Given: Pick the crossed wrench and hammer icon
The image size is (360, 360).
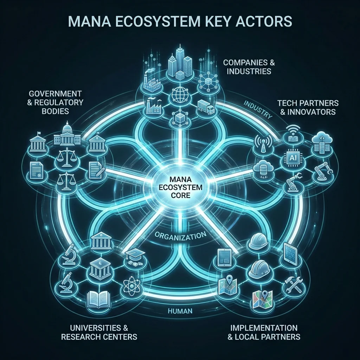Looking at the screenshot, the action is click(x=293, y=284).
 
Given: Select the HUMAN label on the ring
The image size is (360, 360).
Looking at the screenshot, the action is click(x=180, y=311).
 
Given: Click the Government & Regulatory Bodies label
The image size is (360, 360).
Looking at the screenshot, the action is click(x=55, y=102).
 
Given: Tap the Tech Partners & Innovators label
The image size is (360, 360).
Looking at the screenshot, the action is click(x=308, y=108).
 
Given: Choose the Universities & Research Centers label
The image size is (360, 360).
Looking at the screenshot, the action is click(x=99, y=332).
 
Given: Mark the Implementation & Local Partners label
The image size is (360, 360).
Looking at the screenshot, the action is click(x=264, y=332).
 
